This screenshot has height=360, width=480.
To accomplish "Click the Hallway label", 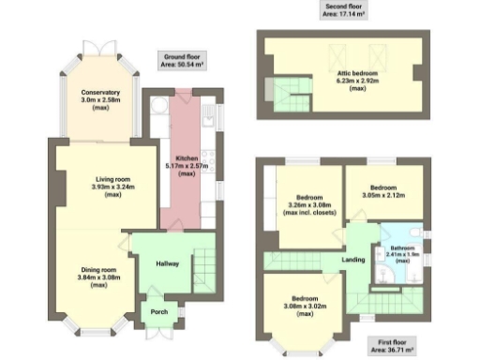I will point(166,263).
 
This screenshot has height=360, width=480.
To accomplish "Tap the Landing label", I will point(353,260).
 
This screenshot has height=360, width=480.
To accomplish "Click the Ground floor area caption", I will point(182,63).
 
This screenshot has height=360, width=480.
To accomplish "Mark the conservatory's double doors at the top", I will point(99,46).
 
